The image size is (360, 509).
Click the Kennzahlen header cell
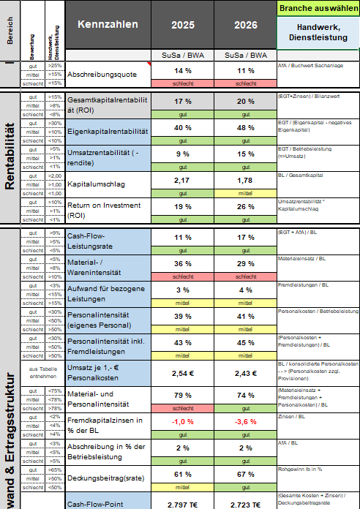click(x=108, y=25)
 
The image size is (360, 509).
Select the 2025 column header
click(x=182, y=25)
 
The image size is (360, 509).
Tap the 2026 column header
click(x=244, y=25)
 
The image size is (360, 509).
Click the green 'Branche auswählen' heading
click(x=317, y=8)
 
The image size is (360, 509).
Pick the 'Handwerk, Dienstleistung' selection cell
click(x=317, y=31)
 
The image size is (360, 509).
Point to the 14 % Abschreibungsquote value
click(x=182, y=71)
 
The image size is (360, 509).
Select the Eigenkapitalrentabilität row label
click(x=108, y=131)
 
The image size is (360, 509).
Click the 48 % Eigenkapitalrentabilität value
click(x=244, y=127)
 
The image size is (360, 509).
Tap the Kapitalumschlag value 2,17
click(x=182, y=180)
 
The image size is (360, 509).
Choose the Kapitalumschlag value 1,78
click(x=244, y=180)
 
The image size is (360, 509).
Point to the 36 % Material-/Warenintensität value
click(x=182, y=263)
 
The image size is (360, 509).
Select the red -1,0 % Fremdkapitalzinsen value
click(x=182, y=422)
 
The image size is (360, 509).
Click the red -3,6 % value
click(x=244, y=422)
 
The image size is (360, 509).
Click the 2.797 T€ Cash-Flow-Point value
click(x=182, y=505)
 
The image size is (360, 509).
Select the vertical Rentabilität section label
click(x=10, y=157)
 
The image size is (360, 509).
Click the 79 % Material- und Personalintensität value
click(x=182, y=396)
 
